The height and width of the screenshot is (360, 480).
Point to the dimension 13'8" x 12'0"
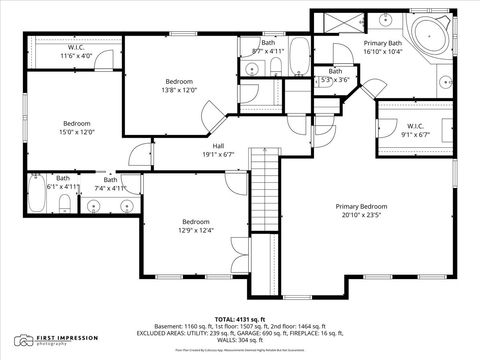click(180, 90)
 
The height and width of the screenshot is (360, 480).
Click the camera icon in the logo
click(23, 341)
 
